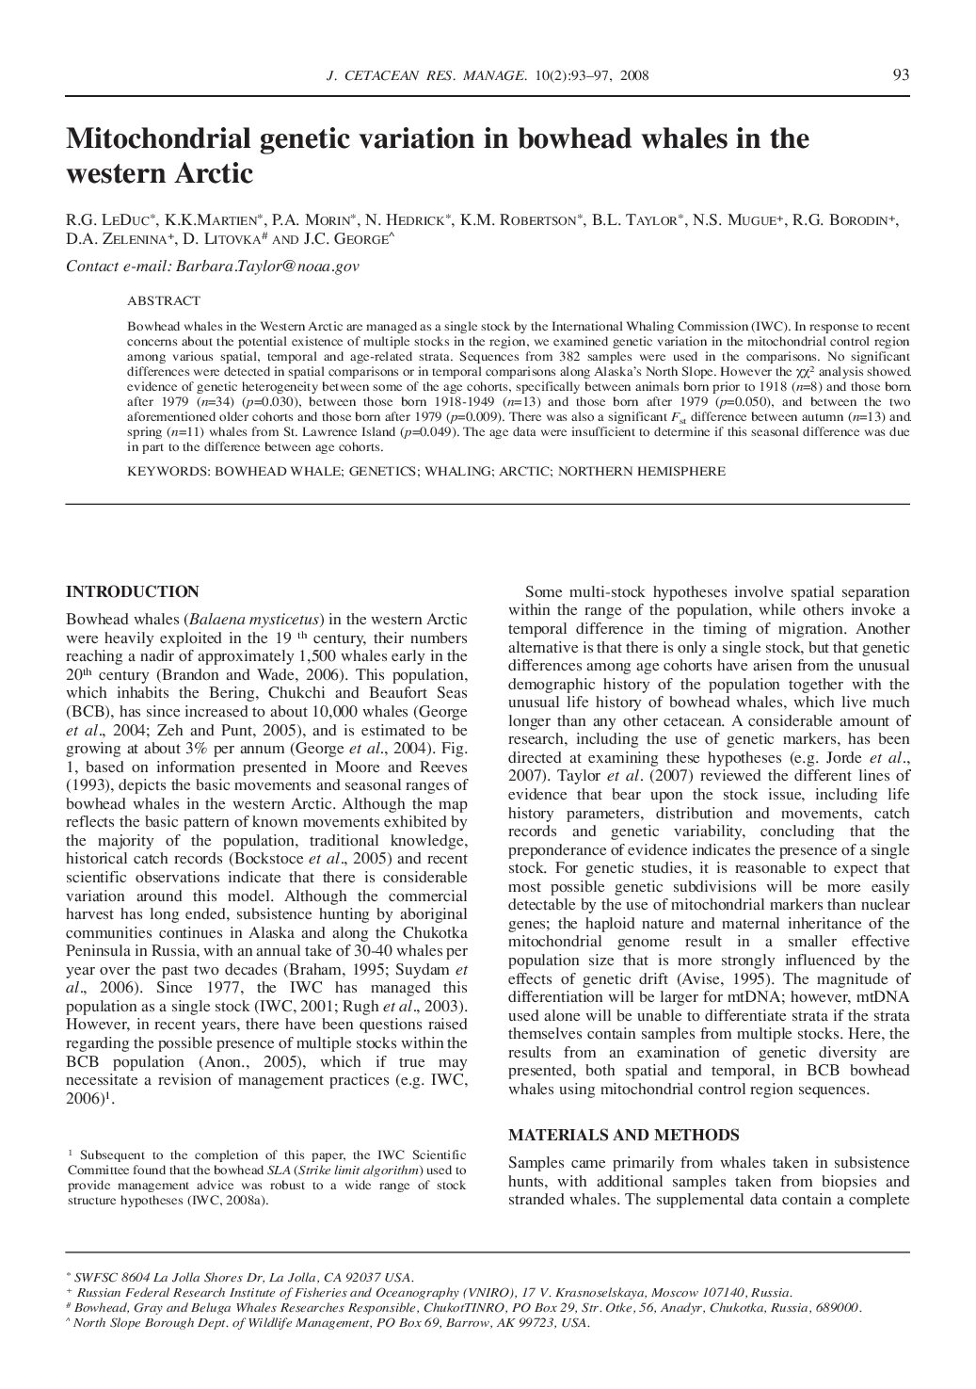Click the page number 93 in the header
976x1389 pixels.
(900, 75)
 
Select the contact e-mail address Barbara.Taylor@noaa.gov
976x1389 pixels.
(266, 266)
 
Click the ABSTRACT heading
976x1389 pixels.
(164, 300)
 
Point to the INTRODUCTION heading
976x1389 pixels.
(132, 592)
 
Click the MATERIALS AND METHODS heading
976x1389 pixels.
(623, 1136)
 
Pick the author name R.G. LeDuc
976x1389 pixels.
(103, 220)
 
